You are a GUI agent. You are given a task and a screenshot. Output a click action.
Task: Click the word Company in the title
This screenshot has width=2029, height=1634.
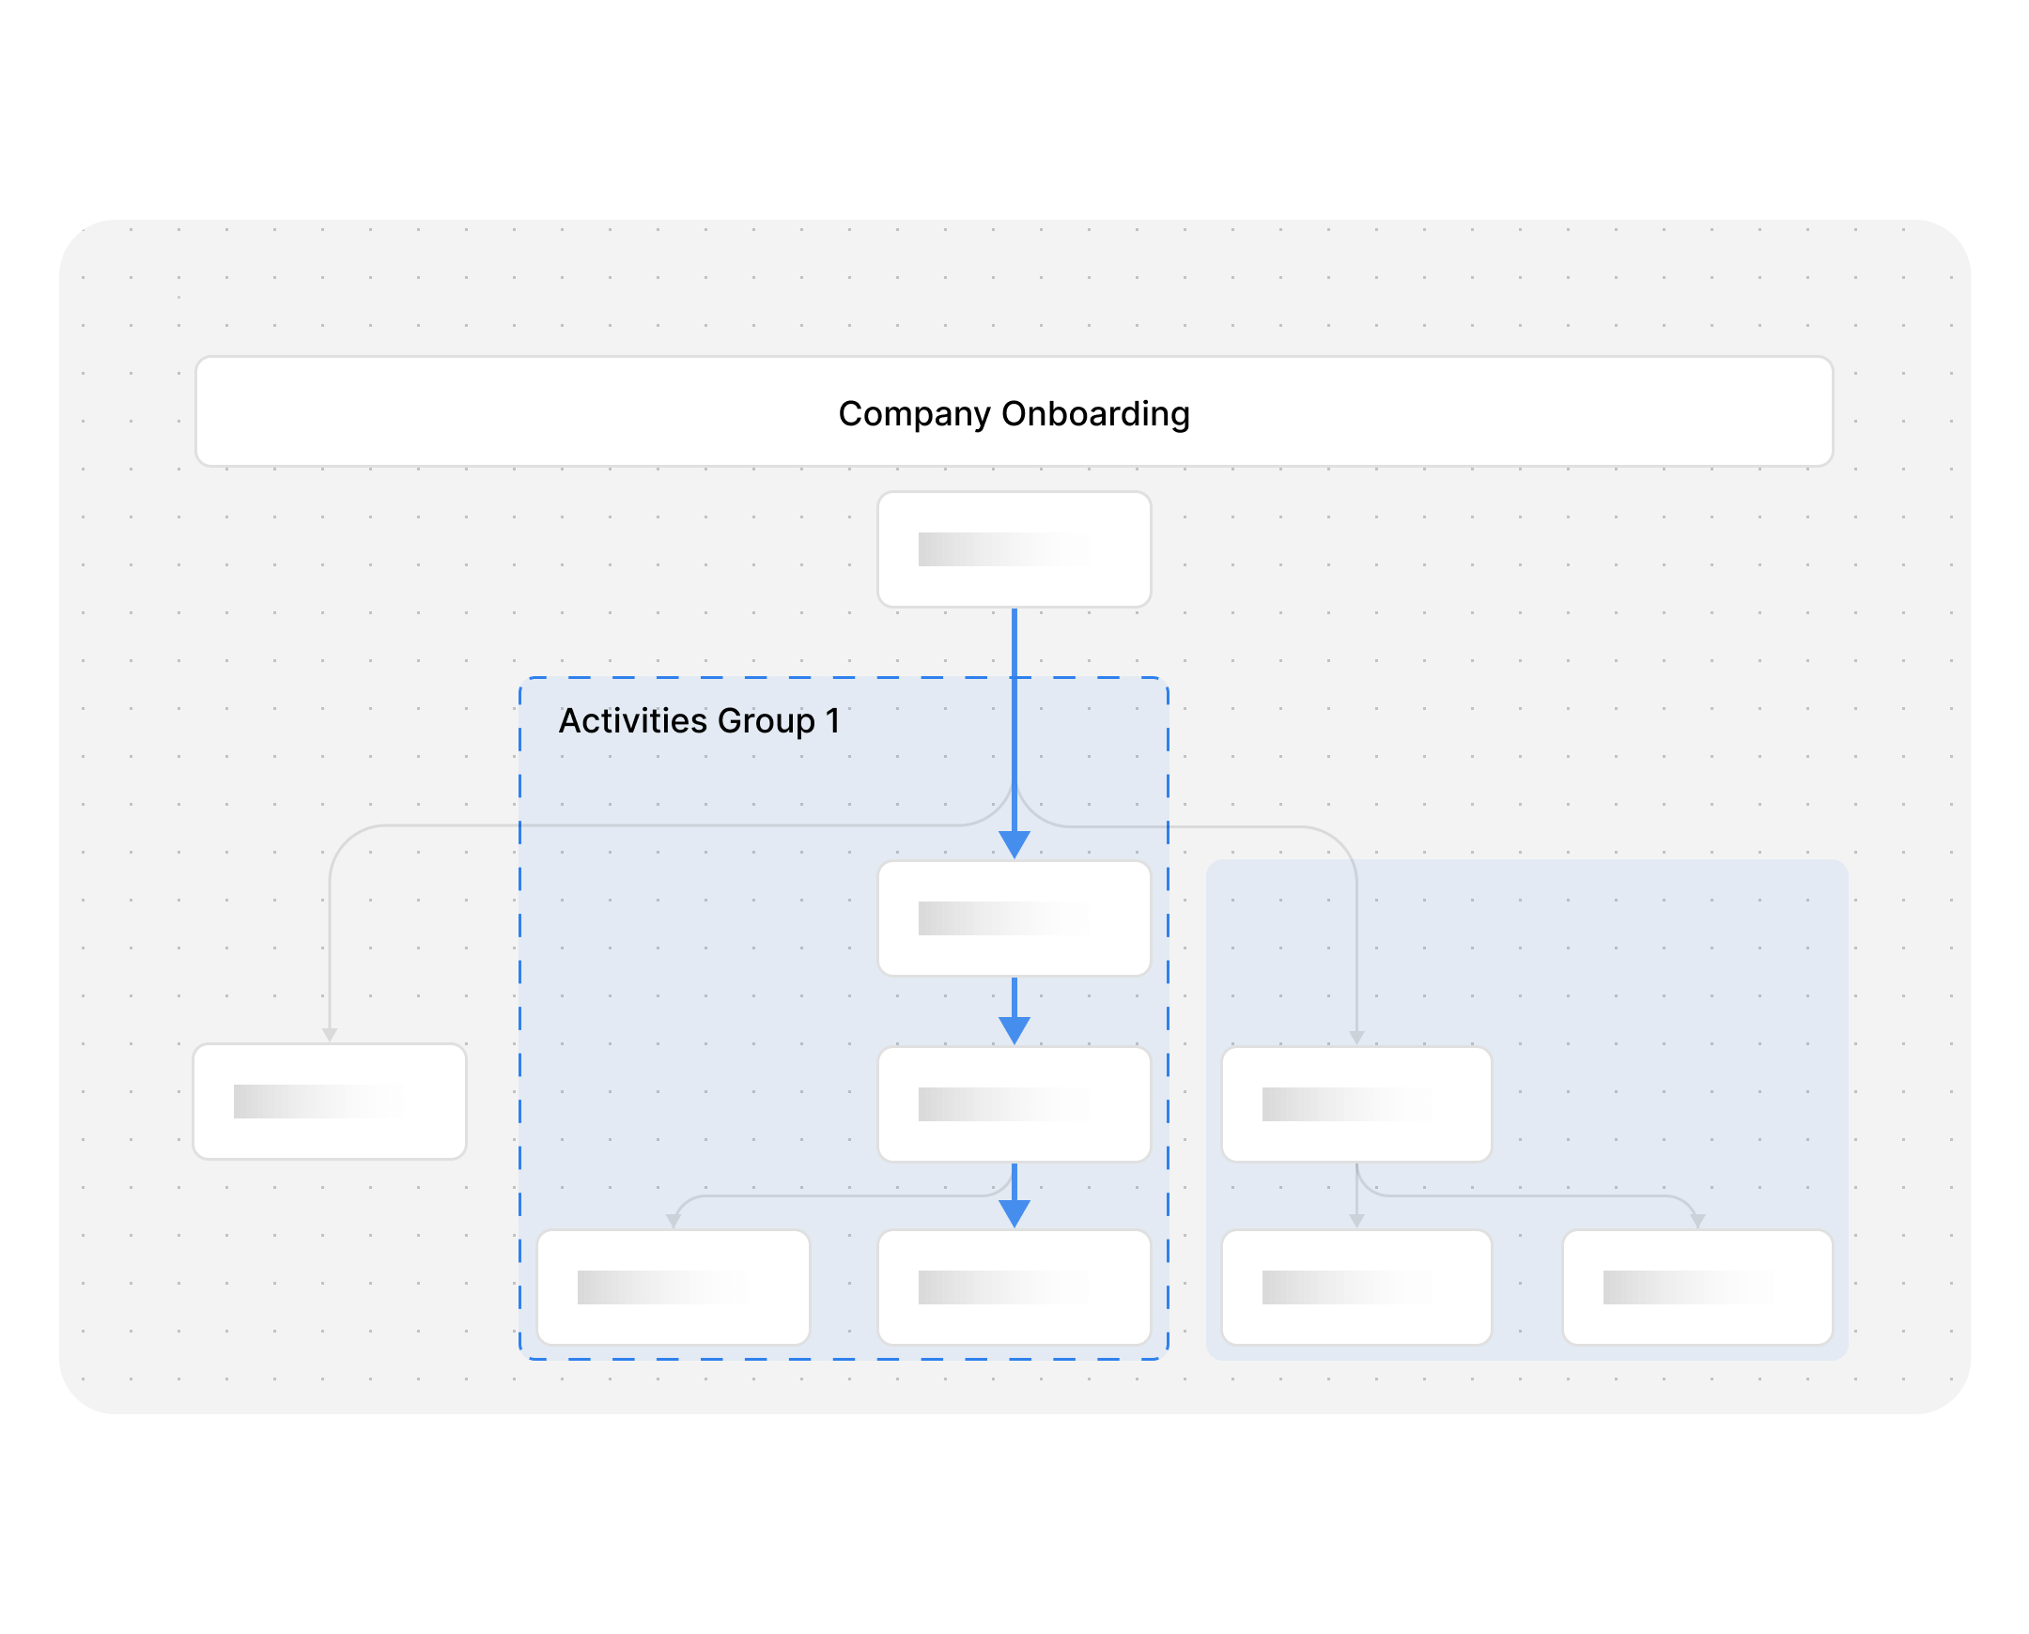click(x=913, y=414)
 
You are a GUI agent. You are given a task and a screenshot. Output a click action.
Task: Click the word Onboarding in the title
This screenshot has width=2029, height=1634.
click(x=1095, y=414)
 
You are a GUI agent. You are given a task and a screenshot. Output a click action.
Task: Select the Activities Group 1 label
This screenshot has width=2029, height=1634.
click(x=699, y=721)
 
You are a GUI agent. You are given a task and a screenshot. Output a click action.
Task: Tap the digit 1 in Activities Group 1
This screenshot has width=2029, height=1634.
click(x=832, y=721)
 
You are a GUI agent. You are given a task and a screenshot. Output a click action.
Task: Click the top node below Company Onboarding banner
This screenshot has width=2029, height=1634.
click(x=1014, y=549)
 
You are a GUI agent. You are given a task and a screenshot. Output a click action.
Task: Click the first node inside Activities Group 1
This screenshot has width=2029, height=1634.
click(x=1014, y=918)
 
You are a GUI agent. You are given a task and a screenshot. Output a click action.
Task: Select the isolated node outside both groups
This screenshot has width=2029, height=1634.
click(x=330, y=1102)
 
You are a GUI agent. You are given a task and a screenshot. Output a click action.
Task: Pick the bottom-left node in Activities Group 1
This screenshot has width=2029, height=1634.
click(x=674, y=1287)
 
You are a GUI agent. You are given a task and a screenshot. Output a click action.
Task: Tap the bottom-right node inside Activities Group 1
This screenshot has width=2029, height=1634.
click(x=1014, y=1287)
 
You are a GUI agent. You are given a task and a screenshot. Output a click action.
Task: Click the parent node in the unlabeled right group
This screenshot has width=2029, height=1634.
click(x=1355, y=1104)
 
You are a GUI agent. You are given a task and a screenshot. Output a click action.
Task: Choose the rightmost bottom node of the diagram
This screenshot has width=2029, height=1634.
click(x=1696, y=1287)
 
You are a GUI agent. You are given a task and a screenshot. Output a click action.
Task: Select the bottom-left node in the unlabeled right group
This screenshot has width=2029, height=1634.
click(x=1355, y=1287)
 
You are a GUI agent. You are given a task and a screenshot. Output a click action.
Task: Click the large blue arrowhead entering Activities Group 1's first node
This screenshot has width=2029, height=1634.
click(x=1014, y=844)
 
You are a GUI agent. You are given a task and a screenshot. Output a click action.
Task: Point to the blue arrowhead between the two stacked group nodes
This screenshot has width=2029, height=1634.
click(x=1014, y=1030)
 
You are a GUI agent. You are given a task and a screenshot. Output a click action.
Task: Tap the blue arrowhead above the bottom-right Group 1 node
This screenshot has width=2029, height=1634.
click(x=1014, y=1213)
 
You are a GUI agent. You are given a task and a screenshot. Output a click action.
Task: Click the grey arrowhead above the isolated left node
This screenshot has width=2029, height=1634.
click(x=330, y=1035)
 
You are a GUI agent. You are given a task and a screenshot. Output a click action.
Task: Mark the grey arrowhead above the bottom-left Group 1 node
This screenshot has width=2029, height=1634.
click(x=674, y=1221)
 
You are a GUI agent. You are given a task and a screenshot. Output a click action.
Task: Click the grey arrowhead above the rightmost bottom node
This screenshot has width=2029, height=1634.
click(x=1696, y=1221)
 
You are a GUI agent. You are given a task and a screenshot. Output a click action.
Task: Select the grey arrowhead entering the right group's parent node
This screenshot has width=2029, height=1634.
click(x=1355, y=1038)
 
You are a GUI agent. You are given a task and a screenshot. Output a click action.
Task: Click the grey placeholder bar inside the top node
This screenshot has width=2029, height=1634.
click(x=1002, y=549)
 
